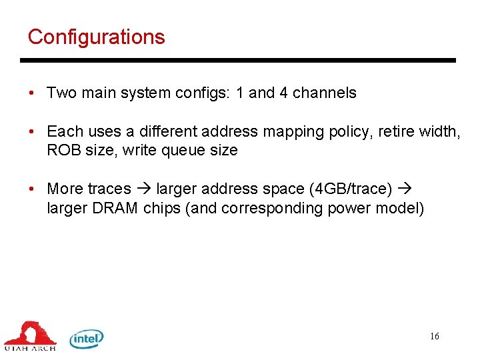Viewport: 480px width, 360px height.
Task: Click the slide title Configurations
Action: coord(96,37)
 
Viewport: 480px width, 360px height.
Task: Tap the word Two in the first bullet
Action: coord(61,93)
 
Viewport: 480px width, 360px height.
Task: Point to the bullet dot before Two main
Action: coord(32,93)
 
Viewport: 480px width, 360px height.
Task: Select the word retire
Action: coord(397,132)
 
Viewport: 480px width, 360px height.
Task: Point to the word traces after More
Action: coord(109,189)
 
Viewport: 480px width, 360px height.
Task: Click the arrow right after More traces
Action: coord(143,189)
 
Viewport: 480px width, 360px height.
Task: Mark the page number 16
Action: coord(435,337)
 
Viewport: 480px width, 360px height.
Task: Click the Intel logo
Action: coord(87,339)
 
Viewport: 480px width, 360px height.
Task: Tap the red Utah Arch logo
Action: coord(30,335)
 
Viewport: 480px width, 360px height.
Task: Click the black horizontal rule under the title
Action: coord(237,61)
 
